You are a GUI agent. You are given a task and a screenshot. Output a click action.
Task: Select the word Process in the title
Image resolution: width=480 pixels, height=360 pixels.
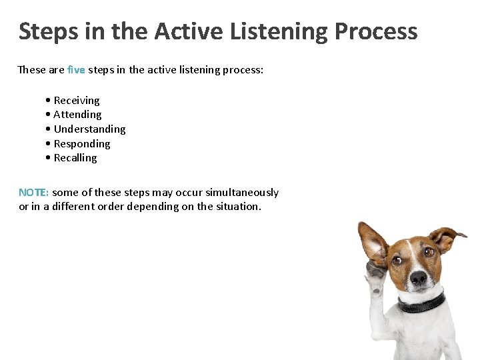point(376,31)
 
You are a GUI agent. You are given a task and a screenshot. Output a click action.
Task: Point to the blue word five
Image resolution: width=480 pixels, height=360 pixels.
point(76,69)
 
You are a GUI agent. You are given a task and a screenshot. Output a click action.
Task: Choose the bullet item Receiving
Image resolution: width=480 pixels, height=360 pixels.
point(76,101)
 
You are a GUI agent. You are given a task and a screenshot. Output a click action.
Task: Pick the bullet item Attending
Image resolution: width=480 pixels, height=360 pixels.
point(77,115)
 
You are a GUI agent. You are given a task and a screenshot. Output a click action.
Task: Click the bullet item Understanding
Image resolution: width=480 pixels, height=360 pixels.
point(89,129)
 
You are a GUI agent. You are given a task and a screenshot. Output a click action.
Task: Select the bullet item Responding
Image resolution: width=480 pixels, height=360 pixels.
point(81,144)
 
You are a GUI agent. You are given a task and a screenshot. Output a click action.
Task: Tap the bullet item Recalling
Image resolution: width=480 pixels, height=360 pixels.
point(75,158)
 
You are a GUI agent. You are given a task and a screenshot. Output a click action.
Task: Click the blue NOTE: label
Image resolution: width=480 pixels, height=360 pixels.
point(33,193)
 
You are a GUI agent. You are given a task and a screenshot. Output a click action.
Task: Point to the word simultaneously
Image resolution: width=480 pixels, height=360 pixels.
point(242,193)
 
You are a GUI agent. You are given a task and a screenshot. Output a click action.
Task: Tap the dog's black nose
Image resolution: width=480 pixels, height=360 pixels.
point(418,278)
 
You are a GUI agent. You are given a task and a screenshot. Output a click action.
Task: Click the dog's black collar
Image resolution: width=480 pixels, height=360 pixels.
point(421,303)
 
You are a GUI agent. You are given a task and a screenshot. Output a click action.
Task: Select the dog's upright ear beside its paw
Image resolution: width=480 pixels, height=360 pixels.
point(373,241)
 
